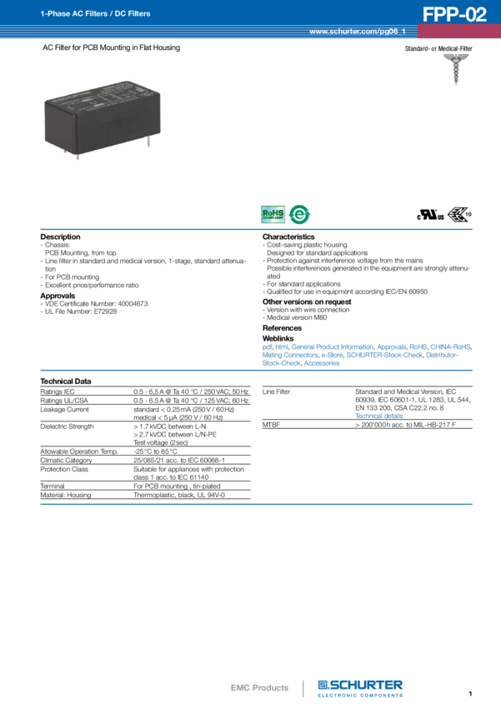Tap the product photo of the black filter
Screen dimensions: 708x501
click(103, 117)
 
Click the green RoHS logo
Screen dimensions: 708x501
click(273, 214)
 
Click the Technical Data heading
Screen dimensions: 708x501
click(66, 381)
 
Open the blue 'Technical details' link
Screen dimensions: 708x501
click(373, 414)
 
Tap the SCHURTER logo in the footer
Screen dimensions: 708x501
click(362, 688)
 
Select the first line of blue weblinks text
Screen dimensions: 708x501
click(367, 347)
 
